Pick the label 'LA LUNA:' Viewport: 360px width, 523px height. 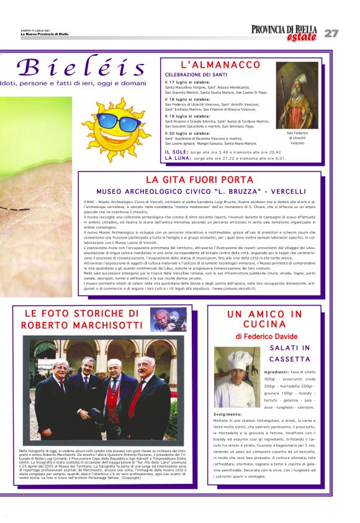click(x=178, y=158)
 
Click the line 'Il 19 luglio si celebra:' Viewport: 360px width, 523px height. click(x=187, y=116)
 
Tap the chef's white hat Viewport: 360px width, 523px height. click(x=238, y=358)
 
